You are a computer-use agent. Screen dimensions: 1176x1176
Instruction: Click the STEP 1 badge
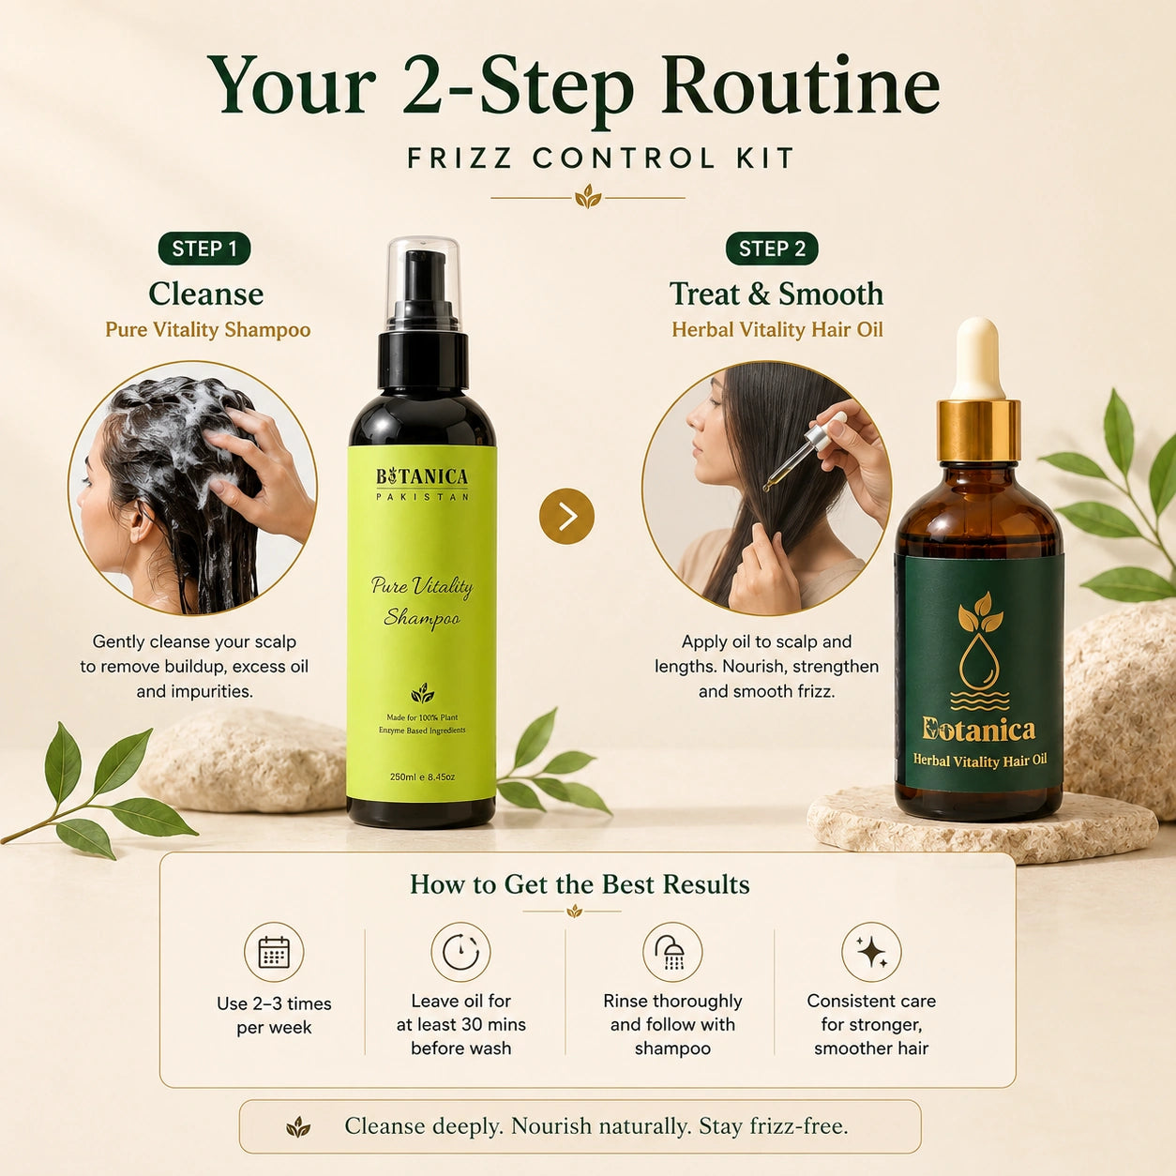pyautogui.click(x=204, y=249)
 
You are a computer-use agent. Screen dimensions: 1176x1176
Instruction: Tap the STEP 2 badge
pyautogui.click(x=772, y=249)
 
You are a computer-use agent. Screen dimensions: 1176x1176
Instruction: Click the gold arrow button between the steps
pyautogui.click(x=566, y=517)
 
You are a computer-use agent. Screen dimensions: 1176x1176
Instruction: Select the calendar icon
pyautogui.click(x=274, y=952)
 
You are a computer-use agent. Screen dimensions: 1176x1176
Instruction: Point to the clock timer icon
pyautogui.click(x=460, y=952)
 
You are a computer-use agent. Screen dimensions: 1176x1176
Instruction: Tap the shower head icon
pyautogui.click(x=671, y=952)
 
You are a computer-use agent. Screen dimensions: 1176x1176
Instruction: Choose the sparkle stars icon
pyautogui.click(x=871, y=952)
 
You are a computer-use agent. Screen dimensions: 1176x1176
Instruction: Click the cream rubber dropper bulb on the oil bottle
pyautogui.click(x=978, y=359)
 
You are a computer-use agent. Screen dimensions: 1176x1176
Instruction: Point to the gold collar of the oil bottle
pyautogui.click(x=979, y=430)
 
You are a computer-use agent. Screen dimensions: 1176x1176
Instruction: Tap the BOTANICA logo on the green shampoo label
pyautogui.click(x=422, y=477)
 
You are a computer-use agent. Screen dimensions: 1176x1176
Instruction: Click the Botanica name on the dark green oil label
pyautogui.click(x=978, y=730)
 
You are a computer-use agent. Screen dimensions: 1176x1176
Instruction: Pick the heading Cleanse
pyautogui.click(x=205, y=294)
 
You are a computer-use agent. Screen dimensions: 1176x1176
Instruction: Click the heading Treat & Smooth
pyautogui.click(x=776, y=294)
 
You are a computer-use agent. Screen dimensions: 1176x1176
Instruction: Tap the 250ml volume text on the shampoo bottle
pyautogui.click(x=422, y=776)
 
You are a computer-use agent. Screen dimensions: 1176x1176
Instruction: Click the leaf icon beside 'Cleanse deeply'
pyautogui.click(x=298, y=1126)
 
